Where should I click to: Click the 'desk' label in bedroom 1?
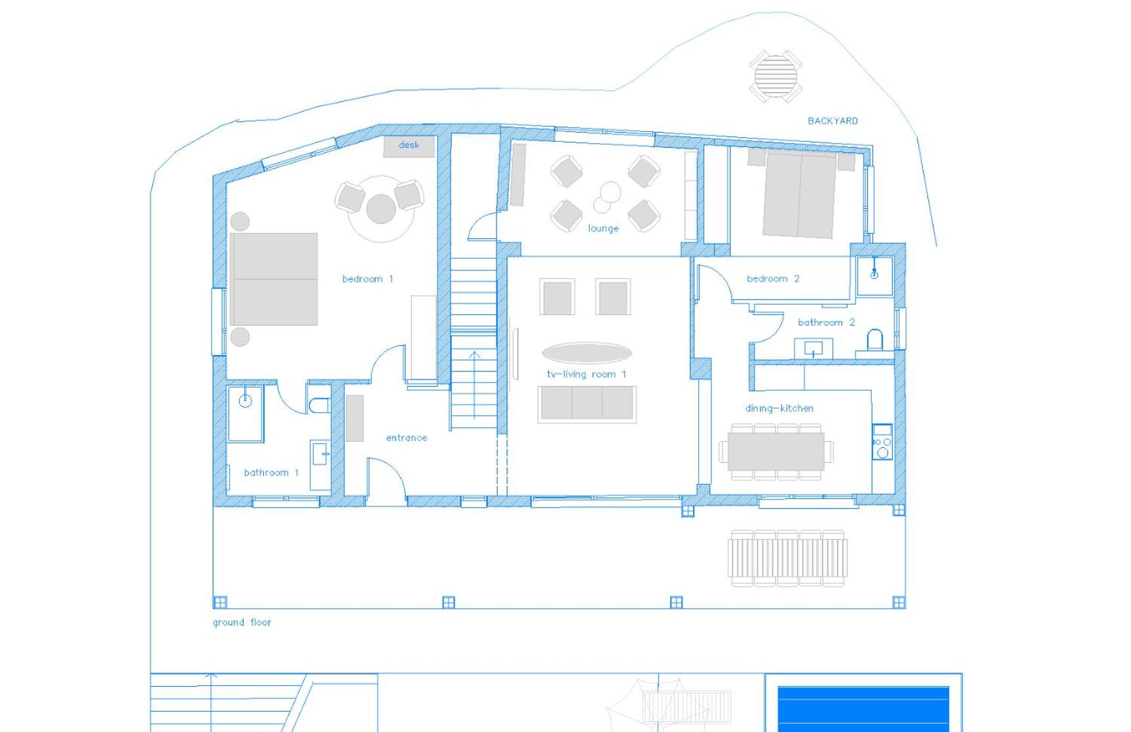pyautogui.click(x=409, y=145)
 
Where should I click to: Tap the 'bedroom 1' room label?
pyautogui.click(x=368, y=279)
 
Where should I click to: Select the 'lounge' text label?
pyautogui.click(x=603, y=228)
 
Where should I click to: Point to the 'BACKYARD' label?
pyautogui.click(x=832, y=121)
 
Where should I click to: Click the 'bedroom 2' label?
pyautogui.click(x=773, y=278)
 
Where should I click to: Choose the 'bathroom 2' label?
pyautogui.click(x=826, y=322)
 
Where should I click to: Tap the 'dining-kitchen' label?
pyautogui.click(x=779, y=408)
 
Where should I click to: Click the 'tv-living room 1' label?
pyautogui.click(x=587, y=374)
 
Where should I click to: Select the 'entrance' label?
pyautogui.click(x=407, y=438)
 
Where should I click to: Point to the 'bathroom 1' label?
pyautogui.click(x=271, y=472)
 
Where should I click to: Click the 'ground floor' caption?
pyautogui.click(x=242, y=622)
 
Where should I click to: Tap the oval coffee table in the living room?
pyautogui.click(x=587, y=353)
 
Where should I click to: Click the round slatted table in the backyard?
pyautogui.click(x=776, y=75)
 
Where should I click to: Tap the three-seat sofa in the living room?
pyautogui.click(x=587, y=403)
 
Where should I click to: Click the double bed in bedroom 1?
pyautogui.click(x=273, y=279)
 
